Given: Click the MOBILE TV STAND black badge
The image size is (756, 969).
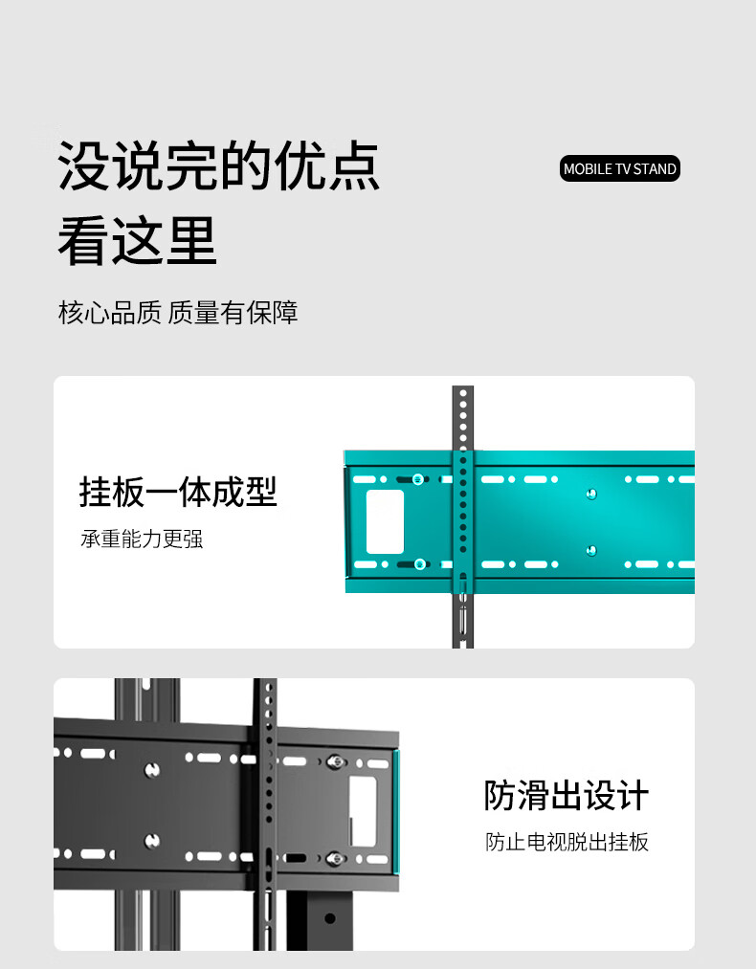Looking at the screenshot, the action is point(619,169).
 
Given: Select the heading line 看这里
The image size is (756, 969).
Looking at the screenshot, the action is point(138,240).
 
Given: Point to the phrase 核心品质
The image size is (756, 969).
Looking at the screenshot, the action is point(109,313).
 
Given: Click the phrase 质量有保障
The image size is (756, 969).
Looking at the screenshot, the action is point(233,313).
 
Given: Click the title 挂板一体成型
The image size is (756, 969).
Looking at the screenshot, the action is point(178,493).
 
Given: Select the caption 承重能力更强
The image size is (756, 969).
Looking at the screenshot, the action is point(142,540).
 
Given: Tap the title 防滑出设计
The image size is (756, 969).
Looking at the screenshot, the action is point(567,796).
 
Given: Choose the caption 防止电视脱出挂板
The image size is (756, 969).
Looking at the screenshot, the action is point(567,843).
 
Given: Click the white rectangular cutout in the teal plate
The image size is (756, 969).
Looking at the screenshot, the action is point(385,521).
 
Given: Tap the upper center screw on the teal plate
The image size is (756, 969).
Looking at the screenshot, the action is point(591,494).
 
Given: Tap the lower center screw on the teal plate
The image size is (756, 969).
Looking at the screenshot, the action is point(591,550).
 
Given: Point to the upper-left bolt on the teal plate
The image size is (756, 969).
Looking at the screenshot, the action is point(419,479).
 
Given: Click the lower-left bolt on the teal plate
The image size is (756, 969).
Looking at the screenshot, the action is point(419,563).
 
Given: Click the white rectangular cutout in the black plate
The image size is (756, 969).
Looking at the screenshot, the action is point(363,810).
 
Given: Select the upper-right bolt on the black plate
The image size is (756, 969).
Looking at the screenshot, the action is point(335,761).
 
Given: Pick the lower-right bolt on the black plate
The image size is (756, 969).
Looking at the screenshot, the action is point(335,857).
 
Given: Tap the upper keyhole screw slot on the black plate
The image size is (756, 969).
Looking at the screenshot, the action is point(151,769).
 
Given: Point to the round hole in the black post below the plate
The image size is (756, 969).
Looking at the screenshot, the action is point(330,918).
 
